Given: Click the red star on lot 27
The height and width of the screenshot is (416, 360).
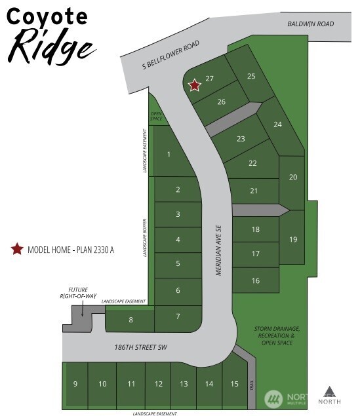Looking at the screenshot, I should coord(194,85).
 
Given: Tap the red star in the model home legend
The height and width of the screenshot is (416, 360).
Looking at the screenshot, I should coord(16,249).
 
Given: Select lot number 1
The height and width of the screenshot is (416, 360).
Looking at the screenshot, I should coord(169,155).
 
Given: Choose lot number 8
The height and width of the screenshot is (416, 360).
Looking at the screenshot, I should coord(130,320).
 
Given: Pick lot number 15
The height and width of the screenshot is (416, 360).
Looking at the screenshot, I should coord(233,384).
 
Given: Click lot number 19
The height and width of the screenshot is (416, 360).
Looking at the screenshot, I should coord(292,239).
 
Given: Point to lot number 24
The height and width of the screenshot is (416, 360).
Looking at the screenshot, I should coord(277,124).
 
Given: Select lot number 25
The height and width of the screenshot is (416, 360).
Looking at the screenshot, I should coord(250,76).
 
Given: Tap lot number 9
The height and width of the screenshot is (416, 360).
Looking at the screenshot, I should coord(75,384).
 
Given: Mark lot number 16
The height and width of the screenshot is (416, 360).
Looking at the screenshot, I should coord(255,280).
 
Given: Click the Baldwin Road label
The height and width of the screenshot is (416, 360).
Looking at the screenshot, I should coord(311,24).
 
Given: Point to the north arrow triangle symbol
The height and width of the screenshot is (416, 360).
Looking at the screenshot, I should coord(329,392).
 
